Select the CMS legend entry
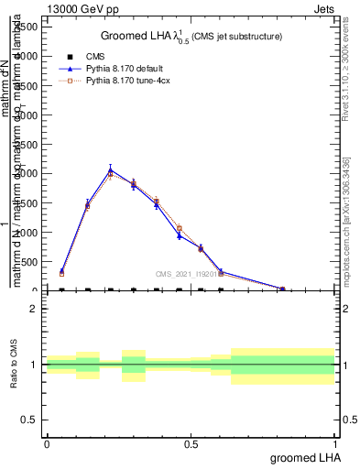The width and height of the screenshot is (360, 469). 83,57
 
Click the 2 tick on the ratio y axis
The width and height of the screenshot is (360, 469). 34,309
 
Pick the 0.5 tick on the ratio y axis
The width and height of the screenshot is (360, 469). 29,420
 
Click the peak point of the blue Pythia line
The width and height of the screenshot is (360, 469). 111,169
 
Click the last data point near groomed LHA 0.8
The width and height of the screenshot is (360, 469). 283,289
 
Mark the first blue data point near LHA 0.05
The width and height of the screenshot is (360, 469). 61,271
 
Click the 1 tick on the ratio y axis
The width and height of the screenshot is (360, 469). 34,365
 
